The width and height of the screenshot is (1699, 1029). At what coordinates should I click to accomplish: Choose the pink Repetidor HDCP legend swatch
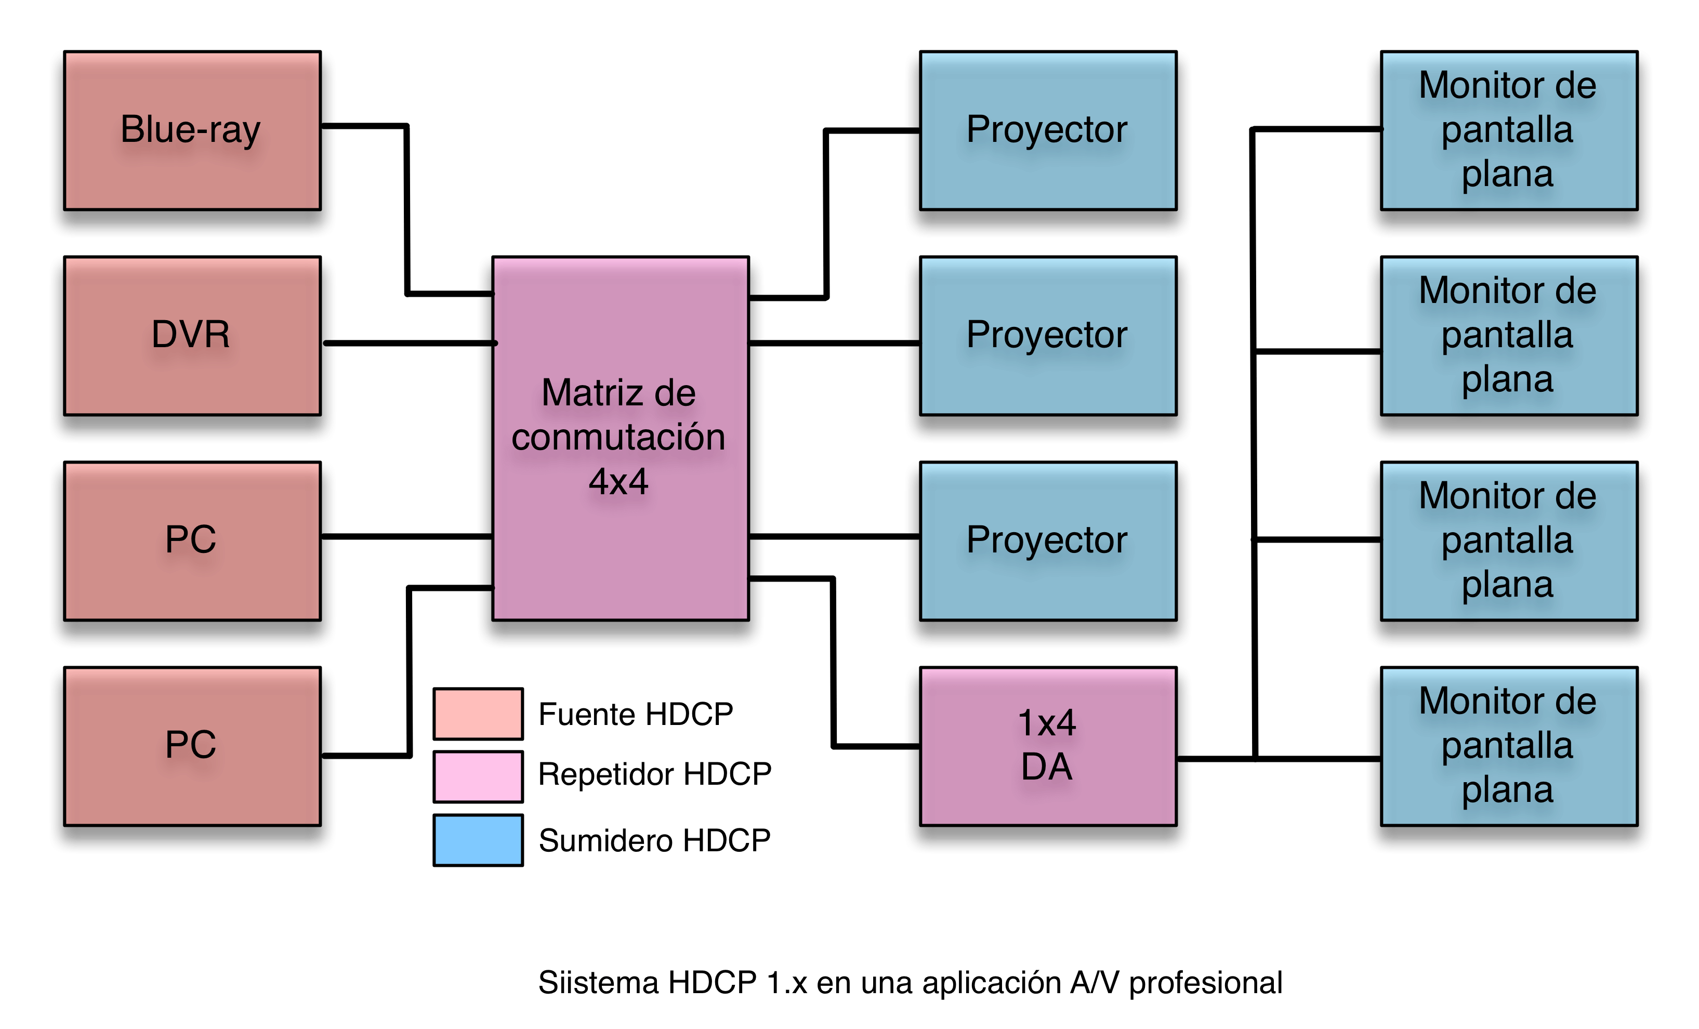[x=478, y=776]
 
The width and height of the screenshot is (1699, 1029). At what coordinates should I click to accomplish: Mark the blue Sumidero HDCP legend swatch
[x=478, y=840]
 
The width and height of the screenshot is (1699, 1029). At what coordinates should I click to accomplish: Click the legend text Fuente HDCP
[x=635, y=715]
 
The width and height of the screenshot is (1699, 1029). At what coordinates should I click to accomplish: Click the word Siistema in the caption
[x=597, y=983]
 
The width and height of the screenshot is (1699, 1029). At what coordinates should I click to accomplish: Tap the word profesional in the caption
[x=1205, y=983]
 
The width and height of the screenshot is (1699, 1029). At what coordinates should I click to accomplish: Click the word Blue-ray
[x=190, y=129]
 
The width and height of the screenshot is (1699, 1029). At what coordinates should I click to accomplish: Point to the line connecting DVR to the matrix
[x=407, y=343]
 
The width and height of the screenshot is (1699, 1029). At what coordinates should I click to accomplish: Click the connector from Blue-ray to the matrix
[x=407, y=207]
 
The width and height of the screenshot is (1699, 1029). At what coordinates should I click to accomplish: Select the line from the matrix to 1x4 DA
[x=833, y=662]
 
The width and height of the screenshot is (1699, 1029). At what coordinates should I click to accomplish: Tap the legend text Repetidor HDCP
[x=654, y=774]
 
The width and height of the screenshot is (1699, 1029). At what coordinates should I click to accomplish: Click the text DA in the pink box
[x=1047, y=767]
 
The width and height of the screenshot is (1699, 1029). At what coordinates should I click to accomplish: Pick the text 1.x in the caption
[x=787, y=983]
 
